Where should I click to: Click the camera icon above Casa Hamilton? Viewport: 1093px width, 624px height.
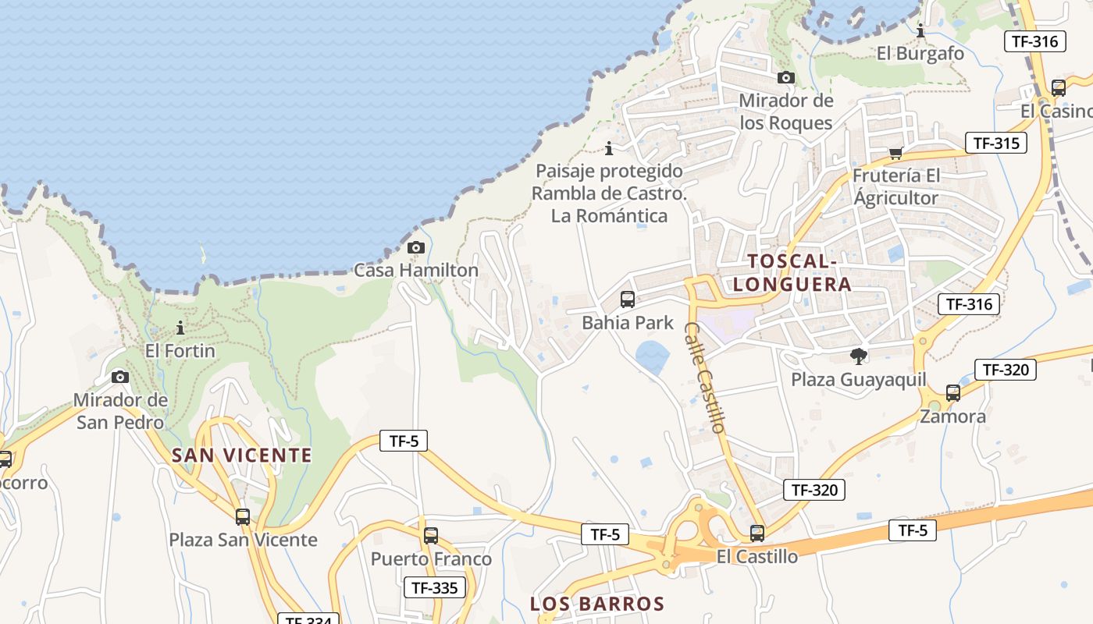pyautogui.click(x=416, y=248)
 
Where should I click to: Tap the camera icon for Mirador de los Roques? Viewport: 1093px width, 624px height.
pyautogui.click(x=786, y=77)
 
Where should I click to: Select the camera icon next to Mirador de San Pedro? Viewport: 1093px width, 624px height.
pyautogui.click(x=120, y=378)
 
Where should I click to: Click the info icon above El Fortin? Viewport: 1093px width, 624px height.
pyautogui.click(x=180, y=328)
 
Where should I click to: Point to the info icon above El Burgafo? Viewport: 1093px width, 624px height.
pyautogui.click(x=920, y=30)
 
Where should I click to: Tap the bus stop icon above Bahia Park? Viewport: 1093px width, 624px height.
pyautogui.click(x=627, y=300)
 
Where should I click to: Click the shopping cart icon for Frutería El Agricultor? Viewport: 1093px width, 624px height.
pyautogui.click(x=895, y=153)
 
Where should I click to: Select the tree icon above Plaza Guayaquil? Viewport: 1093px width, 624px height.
pyautogui.click(x=859, y=356)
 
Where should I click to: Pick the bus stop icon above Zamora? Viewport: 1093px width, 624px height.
pyautogui.click(x=953, y=393)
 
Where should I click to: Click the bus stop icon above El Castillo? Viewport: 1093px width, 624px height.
pyautogui.click(x=757, y=534)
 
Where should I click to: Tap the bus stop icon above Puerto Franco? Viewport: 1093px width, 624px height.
pyautogui.click(x=431, y=536)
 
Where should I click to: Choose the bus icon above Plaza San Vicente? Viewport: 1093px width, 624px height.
pyautogui.click(x=243, y=516)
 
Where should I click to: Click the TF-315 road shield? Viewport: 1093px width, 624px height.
pyautogui.click(x=995, y=144)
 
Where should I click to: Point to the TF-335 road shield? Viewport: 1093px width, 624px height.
pyautogui.click(x=434, y=588)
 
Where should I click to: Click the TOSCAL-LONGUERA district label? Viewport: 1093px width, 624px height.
pyautogui.click(x=792, y=272)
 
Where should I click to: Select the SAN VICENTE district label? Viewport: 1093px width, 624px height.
pyautogui.click(x=241, y=456)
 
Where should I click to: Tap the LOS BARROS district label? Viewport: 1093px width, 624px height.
pyautogui.click(x=597, y=604)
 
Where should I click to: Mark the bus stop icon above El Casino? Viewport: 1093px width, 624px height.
pyautogui.click(x=1059, y=87)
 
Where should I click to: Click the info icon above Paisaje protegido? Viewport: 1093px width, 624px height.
pyautogui.click(x=609, y=148)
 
